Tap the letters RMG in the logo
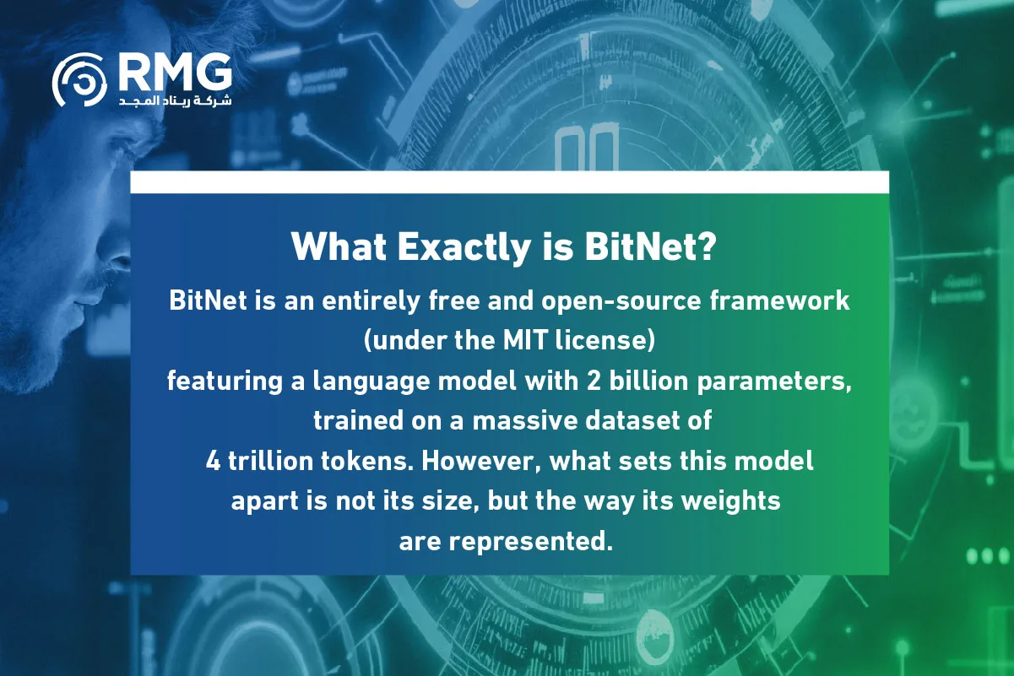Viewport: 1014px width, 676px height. pyautogui.click(x=175, y=72)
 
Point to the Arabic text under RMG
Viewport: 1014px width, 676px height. pyautogui.click(x=175, y=100)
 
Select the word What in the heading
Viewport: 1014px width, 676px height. pyautogui.click(x=333, y=247)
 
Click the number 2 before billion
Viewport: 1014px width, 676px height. pyautogui.click(x=592, y=381)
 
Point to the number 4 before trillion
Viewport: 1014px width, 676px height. pyautogui.click(x=213, y=462)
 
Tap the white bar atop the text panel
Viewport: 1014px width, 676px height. pyautogui.click(x=509, y=181)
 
